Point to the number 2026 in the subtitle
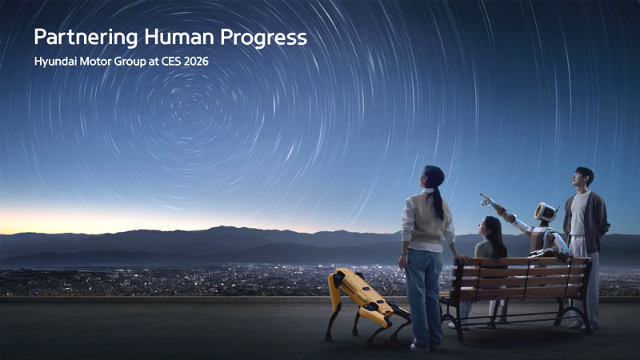(195, 61)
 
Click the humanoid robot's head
(546, 212)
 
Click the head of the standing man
(583, 178)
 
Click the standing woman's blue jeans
(423, 292)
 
